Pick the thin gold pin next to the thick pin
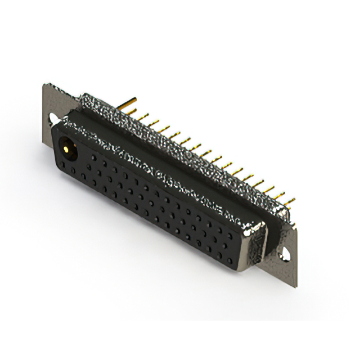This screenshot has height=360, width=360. [142, 116]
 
